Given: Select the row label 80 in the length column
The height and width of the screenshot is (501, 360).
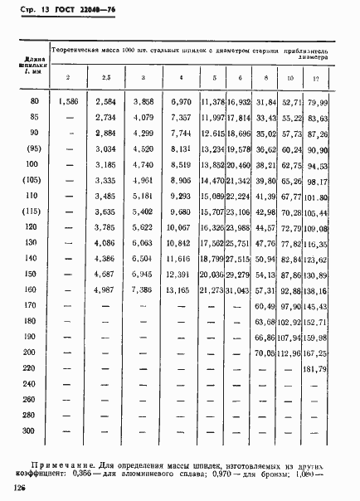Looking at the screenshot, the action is [33, 101].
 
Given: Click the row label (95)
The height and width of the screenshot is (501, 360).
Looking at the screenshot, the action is [32, 150].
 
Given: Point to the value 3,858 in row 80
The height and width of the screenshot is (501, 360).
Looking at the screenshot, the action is [143, 101].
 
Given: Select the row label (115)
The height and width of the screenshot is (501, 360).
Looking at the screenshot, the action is [32, 213].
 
